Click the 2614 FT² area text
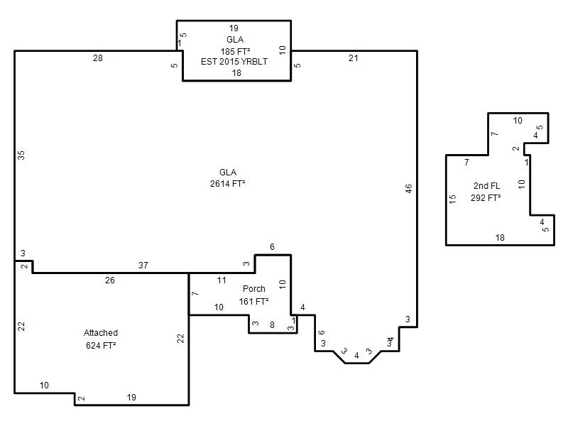pos(227,184)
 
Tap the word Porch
pos(254,289)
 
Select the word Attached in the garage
pos(101,332)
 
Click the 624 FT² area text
pos(101,345)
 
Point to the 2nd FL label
pos(486,186)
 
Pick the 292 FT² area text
pos(486,198)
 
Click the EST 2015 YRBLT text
pos(234,62)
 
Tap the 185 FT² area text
pos(235,51)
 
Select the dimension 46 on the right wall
pos(409,189)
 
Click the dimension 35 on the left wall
pos(21,155)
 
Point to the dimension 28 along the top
pos(98,58)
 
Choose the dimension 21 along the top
pos(353,58)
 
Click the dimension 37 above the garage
pos(143,265)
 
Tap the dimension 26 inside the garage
pos(110,280)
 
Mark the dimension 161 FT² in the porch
pos(253,301)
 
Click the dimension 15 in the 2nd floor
pos(452,199)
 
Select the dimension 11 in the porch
pos(222,280)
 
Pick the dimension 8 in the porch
pos(272,325)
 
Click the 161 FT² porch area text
pos(253,301)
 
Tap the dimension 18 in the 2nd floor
pos(500,238)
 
